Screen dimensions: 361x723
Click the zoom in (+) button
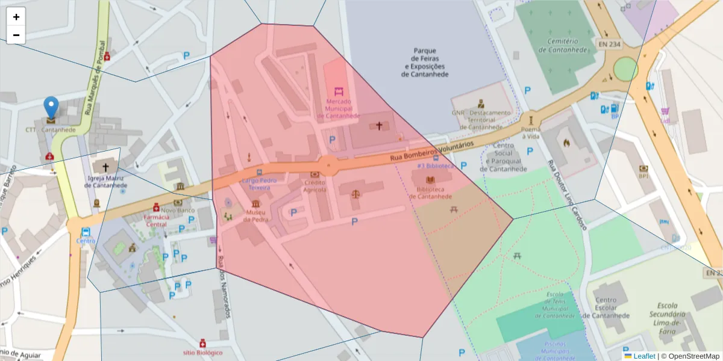tap(16, 17)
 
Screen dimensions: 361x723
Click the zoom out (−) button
tap(16, 35)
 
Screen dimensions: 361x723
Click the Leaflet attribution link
tap(644, 356)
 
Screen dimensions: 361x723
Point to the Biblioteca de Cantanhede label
tap(430, 193)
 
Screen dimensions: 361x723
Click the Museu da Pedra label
tap(256, 215)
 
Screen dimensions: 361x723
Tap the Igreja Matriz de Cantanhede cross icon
tap(106, 167)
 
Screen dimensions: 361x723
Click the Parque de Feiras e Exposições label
tap(425, 63)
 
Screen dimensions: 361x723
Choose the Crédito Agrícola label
tap(315, 185)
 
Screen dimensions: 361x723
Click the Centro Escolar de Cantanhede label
tap(611, 307)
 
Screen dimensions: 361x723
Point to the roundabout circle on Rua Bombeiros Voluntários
tap(328, 165)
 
